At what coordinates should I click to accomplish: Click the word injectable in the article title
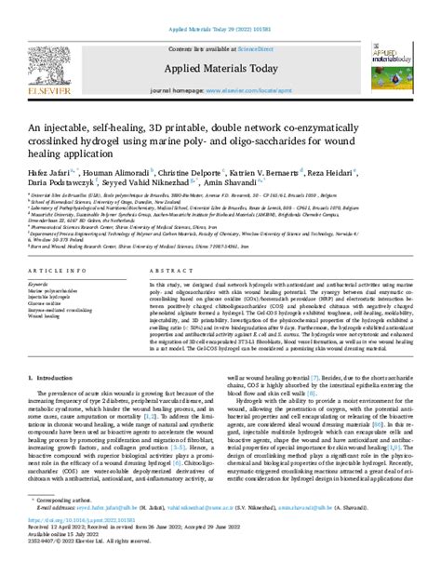pos(85,128)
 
